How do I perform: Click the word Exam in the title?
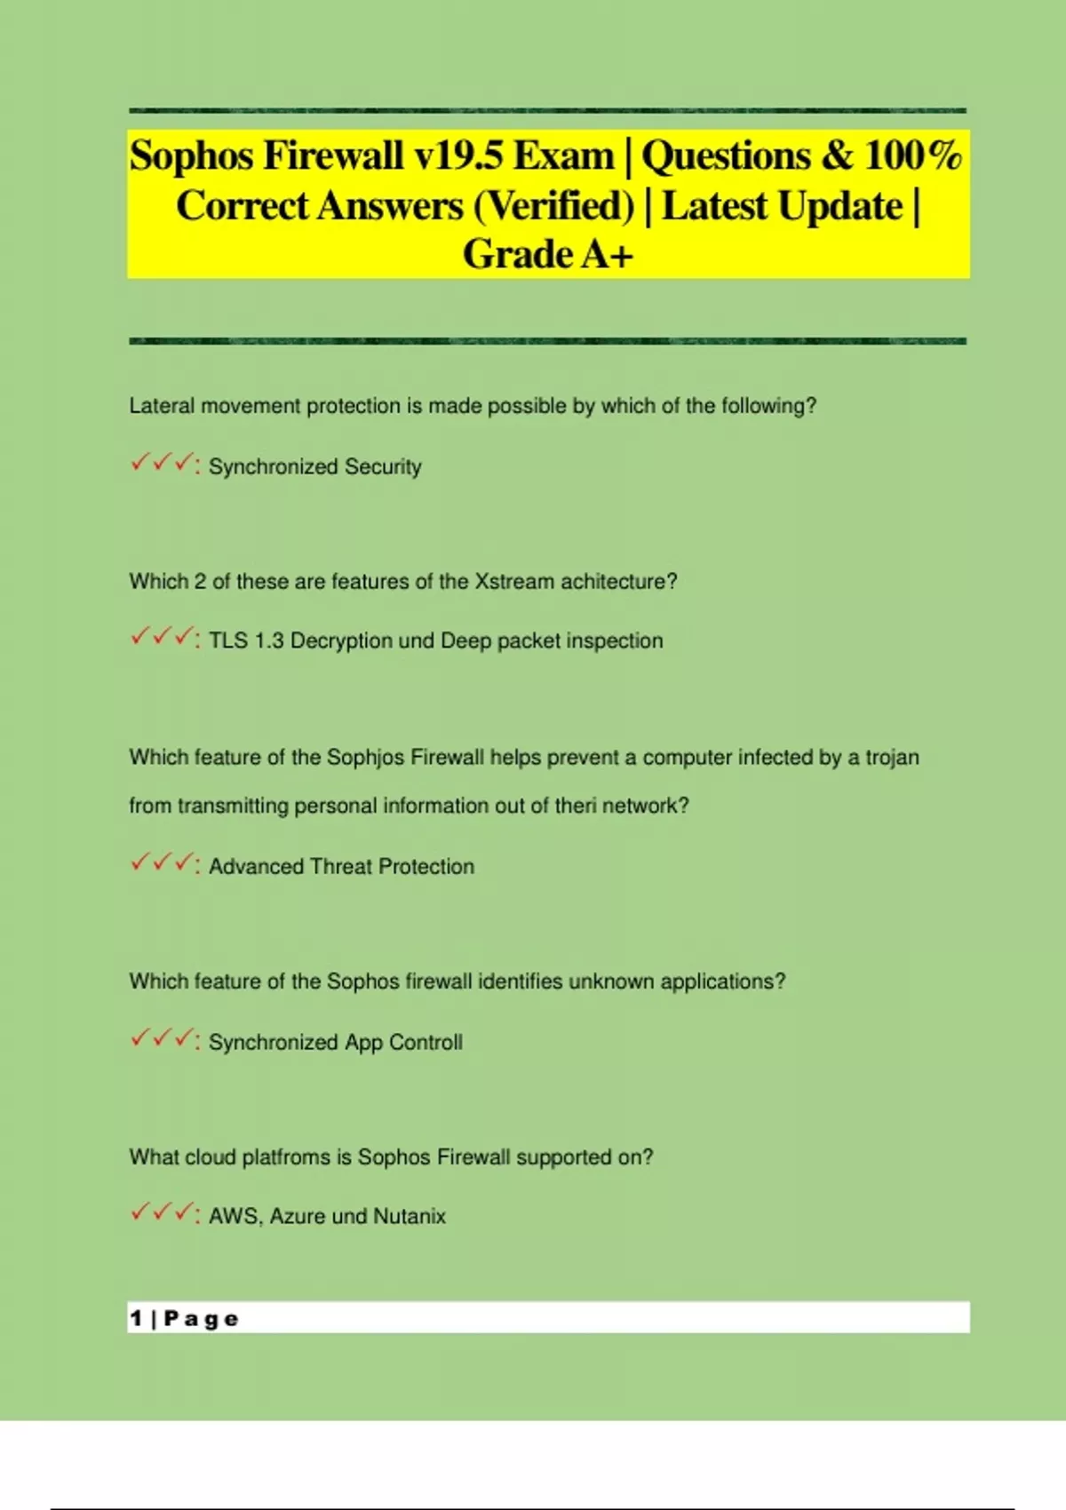pos(564,156)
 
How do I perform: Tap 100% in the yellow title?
pos(913,156)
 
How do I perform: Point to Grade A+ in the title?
pos(548,255)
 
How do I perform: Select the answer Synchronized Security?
pos(314,466)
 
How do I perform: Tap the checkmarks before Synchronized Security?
pos(162,464)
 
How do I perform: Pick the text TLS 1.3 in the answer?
pos(246,640)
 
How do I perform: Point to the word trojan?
pos(892,758)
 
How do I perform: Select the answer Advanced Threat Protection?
pos(341,866)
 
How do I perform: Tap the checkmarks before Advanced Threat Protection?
pos(162,863)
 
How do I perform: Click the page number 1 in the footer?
pos(136,1318)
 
